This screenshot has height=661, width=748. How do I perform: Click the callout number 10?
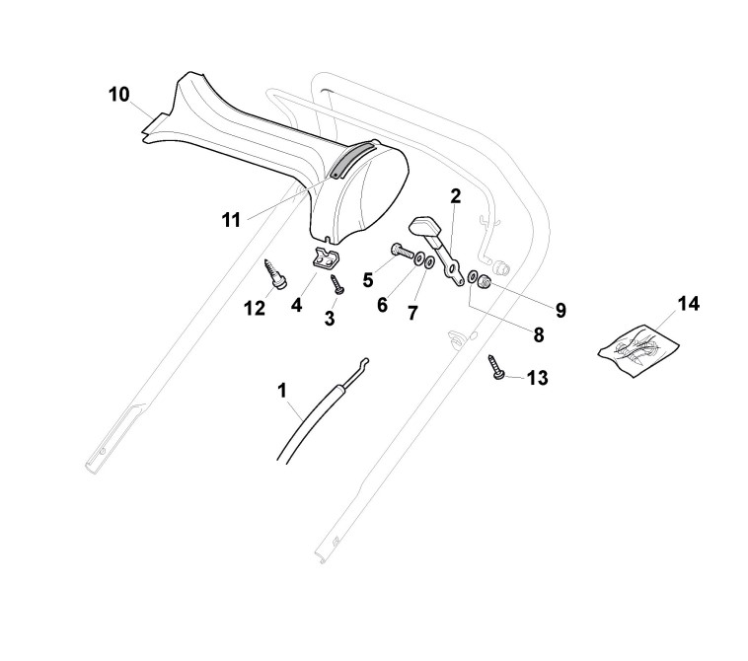click(118, 95)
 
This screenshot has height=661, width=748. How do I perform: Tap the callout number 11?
click(231, 219)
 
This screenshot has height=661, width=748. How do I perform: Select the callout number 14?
click(688, 303)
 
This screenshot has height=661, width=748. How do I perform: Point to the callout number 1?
click(282, 391)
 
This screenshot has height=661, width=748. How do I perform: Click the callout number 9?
click(560, 310)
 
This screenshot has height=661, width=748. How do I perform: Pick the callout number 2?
click(456, 195)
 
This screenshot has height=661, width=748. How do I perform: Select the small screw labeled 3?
click(337, 284)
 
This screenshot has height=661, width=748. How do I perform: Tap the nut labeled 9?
click(486, 282)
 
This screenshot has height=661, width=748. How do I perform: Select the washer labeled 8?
click(473, 277)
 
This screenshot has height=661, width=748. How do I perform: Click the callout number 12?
click(255, 308)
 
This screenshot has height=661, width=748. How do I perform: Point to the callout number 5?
click(368, 279)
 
